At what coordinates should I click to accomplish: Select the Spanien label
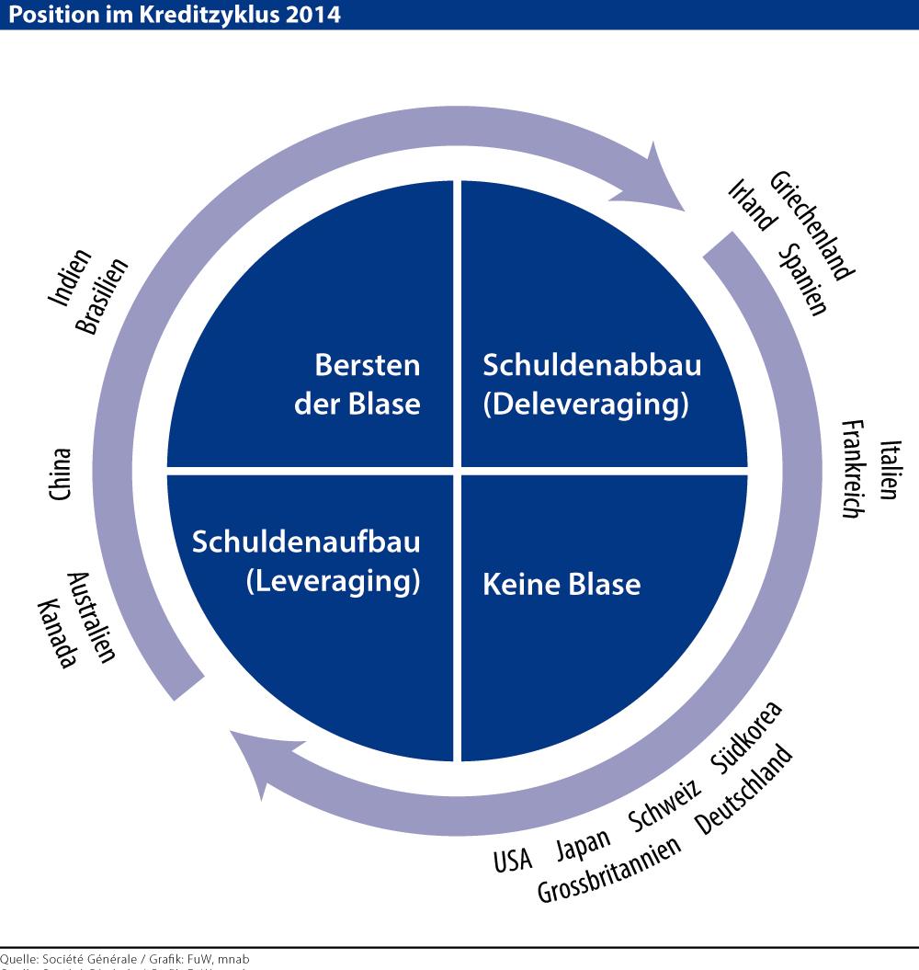coord(802,280)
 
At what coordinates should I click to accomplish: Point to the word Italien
coord(888,470)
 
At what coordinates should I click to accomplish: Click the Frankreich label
coord(852,469)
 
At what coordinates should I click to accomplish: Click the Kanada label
coord(55,633)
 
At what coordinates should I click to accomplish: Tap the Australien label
coord(92,617)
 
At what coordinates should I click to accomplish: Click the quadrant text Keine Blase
coord(562,584)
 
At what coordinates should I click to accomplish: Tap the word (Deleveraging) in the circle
coord(585,405)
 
